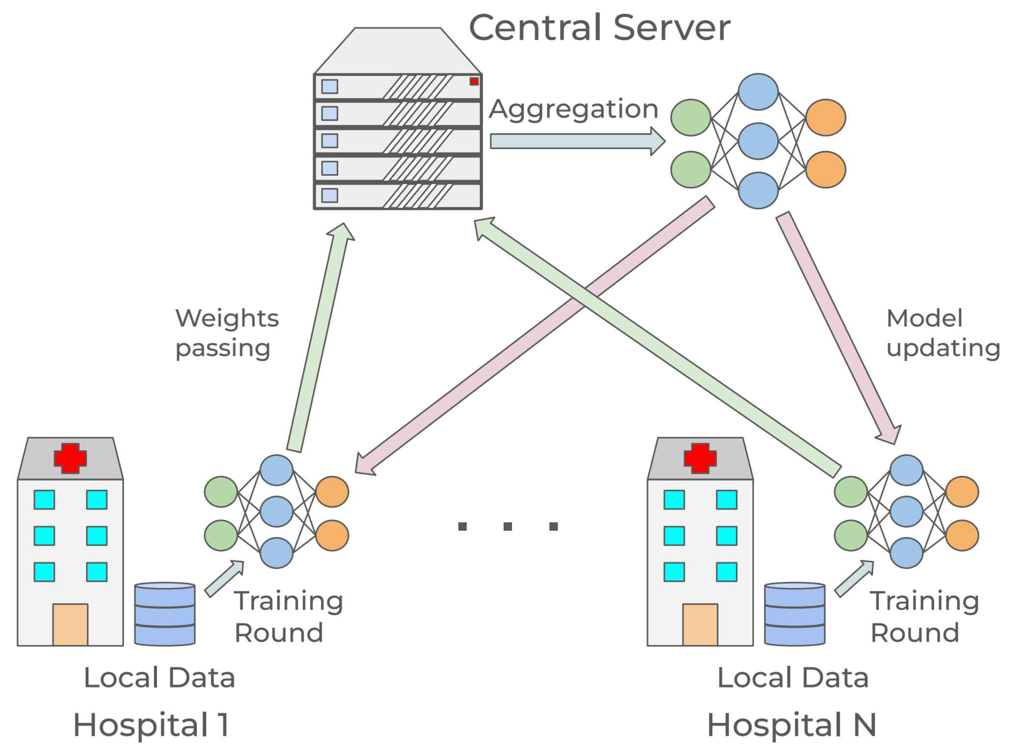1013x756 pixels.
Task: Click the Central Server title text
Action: click(x=599, y=28)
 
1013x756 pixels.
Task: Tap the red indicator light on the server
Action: click(x=474, y=81)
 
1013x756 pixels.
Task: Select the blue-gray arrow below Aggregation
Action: click(x=577, y=141)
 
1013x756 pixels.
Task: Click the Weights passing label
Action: click(x=227, y=333)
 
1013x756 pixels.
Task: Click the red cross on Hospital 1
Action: click(x=70, y=458)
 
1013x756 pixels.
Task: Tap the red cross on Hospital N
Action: click(x=700, y=458)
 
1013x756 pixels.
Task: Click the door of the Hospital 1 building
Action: click(x=70, y=625)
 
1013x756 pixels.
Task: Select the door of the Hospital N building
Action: click(x=700, y=625)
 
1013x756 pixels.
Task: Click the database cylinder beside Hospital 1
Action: click(x=165, y=614)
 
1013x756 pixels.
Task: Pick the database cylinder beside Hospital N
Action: click(x=794, y=614)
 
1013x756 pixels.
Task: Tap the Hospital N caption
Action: click(x=792, y=725)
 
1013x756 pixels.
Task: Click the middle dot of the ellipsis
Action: click(x=507, y=526)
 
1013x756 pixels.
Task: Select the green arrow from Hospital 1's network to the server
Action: click(x=320, y=338)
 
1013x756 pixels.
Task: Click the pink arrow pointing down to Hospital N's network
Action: click(x=839, y=328)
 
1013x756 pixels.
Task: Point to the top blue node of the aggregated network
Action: click(x=758, y=92)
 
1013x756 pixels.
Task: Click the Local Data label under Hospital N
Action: click(x=793, y=678)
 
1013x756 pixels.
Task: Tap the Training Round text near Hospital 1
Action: click(x=288, y=617)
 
